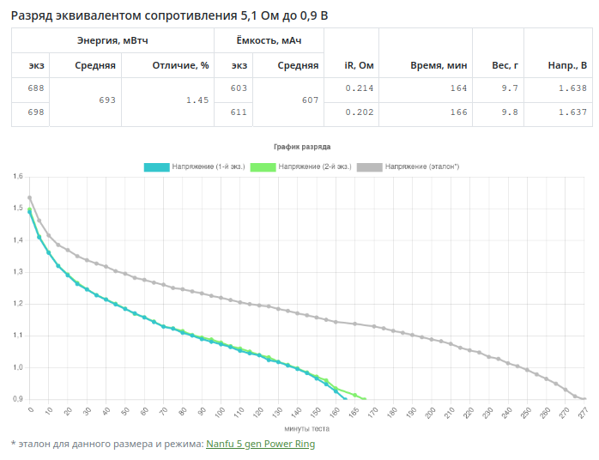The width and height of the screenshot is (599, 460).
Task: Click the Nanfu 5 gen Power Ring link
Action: click(x=260, y=444)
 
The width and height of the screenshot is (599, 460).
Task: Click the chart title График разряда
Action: click(x=301, y=148)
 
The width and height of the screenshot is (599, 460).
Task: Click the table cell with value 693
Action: click(x=106, y=100)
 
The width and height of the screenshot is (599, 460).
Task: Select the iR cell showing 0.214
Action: click(x=360, y=88)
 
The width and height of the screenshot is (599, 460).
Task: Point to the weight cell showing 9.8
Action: click(x=510, y=112)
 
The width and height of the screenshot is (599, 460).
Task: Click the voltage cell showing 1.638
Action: click(x=572, y=88)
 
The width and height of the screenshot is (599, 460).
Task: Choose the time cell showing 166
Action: click(x=458, y=112)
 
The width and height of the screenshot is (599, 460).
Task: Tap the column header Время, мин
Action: click(x=439, y=65)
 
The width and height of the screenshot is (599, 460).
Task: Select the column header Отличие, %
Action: click(x=180, y=65)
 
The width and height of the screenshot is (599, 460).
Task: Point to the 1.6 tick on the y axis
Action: click(x=17, y=177)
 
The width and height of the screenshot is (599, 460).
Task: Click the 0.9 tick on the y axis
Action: click(x=17, y=399)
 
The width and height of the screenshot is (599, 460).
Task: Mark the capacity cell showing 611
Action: click(x=239, y=112)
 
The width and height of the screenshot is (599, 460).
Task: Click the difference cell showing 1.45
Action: click(x=197, y=100)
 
